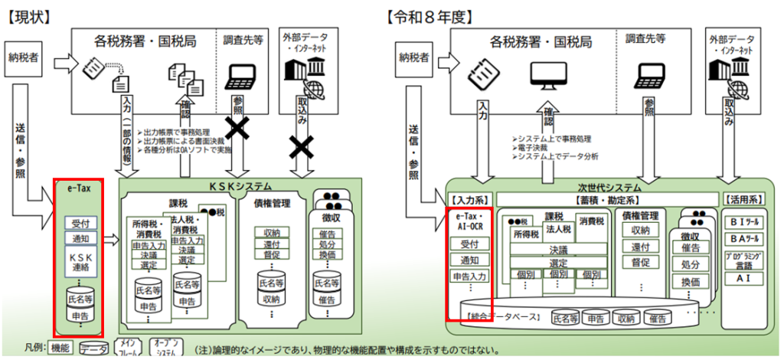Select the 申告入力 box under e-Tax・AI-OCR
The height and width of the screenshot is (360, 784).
tap(469, 277)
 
